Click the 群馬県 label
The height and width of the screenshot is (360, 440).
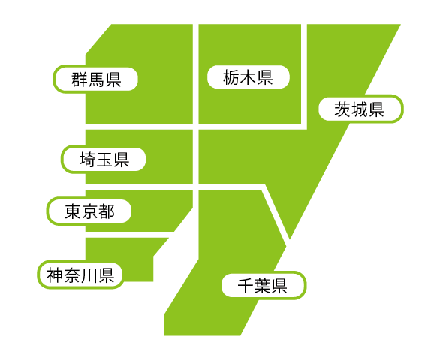click(x=96, y=79)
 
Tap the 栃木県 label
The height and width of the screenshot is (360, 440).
click(x=248, y=77)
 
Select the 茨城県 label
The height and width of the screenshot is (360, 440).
click(x=359, y=109)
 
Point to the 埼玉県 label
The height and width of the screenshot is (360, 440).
click(x=104, y=160)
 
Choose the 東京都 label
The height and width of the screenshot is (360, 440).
click(x=90, y=211)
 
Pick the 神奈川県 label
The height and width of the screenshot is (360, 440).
click(x=80, y=275)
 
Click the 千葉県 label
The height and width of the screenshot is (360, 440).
click(x=262, y=286)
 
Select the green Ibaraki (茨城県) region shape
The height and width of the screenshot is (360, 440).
click(x=294, y=157)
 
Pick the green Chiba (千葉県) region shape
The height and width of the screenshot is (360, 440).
click(x=225, y=252)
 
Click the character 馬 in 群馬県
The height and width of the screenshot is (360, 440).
click(x=96, y=79)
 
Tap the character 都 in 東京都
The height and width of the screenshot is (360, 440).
click(x=107, y=211)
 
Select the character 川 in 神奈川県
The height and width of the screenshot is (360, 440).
click(x=89, y=275)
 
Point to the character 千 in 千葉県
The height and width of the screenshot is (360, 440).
click(x=246, y=286)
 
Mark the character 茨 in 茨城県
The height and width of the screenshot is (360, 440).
click(x=342, y=109)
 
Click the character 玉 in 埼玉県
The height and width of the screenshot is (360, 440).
click(x=104, y=160)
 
